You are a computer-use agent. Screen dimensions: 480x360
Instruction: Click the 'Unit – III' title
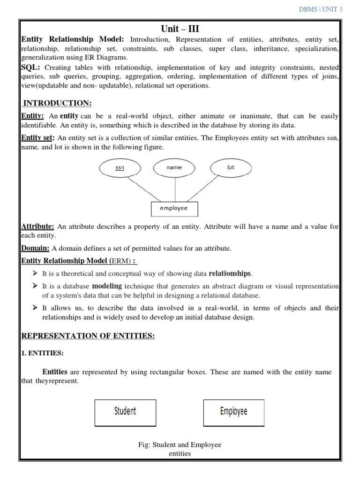coord(180,29)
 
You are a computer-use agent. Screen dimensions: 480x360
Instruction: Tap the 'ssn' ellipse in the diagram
coord(120,167)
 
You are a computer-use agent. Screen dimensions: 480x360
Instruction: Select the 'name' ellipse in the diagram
coord(174,167)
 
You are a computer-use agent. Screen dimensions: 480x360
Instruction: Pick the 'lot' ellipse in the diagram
coord(231,167)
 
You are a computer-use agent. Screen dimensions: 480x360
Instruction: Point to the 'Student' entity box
coord(125,412)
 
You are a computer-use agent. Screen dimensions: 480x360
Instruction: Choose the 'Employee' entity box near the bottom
coord(233,412)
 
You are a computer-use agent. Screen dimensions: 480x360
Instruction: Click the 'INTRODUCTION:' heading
coord(58,103)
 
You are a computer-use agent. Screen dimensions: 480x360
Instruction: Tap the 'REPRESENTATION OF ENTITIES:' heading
coord(88,336)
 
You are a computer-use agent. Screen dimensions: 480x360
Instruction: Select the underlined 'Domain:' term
coord(36,248)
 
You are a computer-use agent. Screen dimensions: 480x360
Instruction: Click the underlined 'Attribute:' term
coord(38,227)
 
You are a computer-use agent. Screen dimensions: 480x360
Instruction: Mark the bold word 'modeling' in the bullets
coord(107,286)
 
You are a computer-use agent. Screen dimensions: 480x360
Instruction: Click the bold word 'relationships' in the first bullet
coord(230,273)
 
